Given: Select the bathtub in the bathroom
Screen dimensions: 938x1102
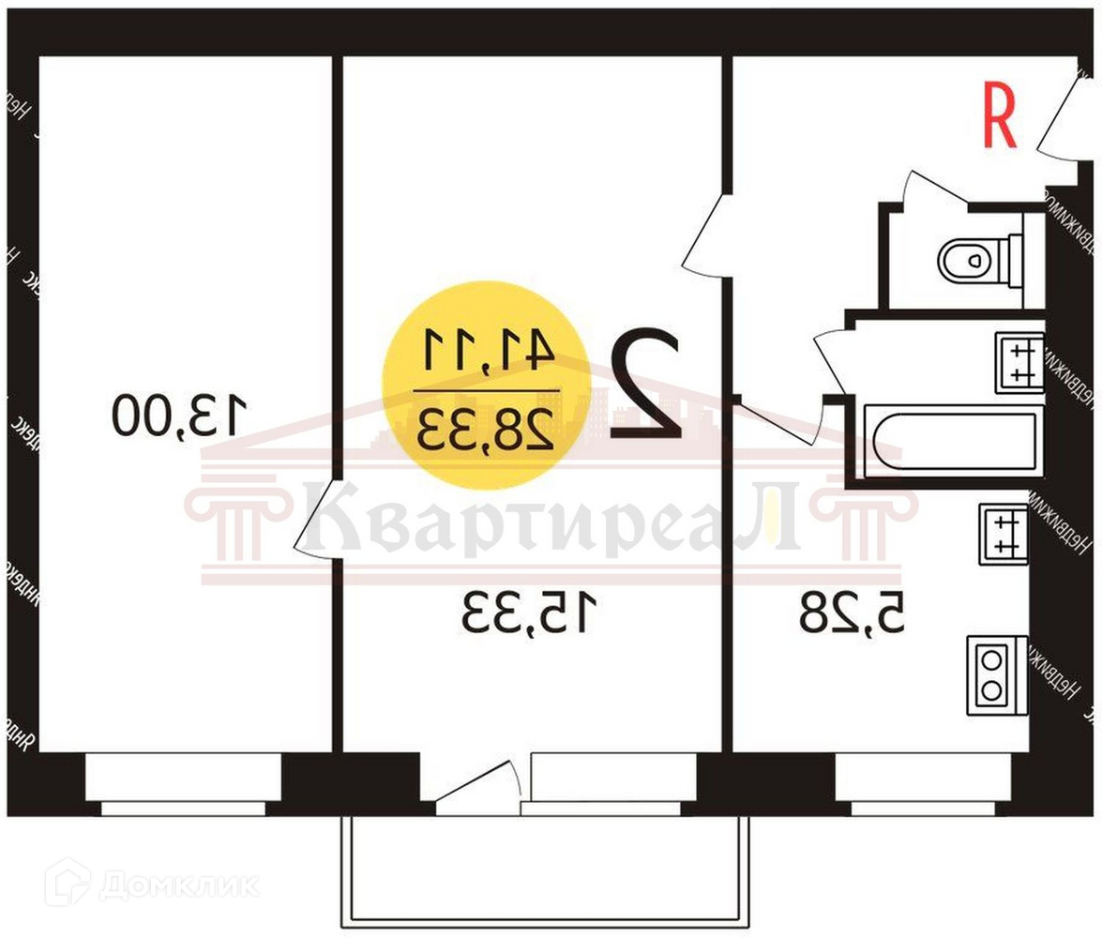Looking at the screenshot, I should coord(955,440).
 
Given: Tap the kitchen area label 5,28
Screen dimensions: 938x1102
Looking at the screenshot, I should coord(853,613).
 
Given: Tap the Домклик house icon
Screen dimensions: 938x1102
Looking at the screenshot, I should coord(68,882).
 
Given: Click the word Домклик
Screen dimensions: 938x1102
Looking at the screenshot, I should coord(178,885).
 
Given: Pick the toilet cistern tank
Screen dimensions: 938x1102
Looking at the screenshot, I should coord(1013,259).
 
